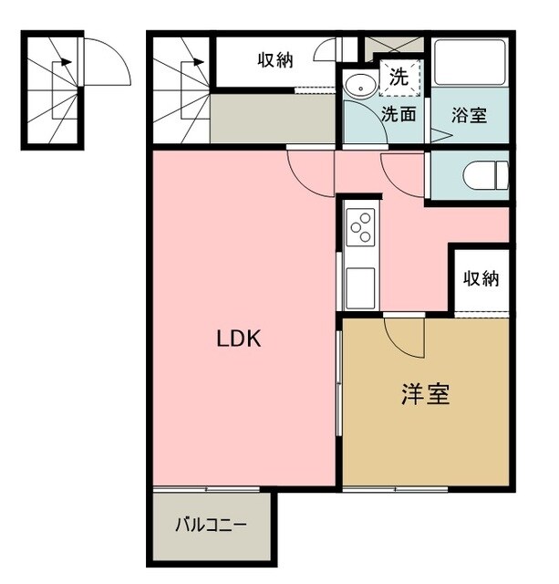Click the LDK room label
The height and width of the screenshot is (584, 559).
(239, 339)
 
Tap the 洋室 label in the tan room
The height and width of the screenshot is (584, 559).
(425, 395)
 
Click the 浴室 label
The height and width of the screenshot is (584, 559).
(470, 115)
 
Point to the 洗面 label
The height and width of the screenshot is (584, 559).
(399, 115)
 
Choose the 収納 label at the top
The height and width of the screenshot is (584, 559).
(274, 61)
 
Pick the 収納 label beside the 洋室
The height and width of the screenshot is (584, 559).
(481, 279)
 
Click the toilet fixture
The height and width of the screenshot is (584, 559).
(483, 173)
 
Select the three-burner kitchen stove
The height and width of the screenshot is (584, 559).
(360, 226)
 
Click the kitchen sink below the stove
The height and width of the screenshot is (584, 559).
(357, 290)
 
